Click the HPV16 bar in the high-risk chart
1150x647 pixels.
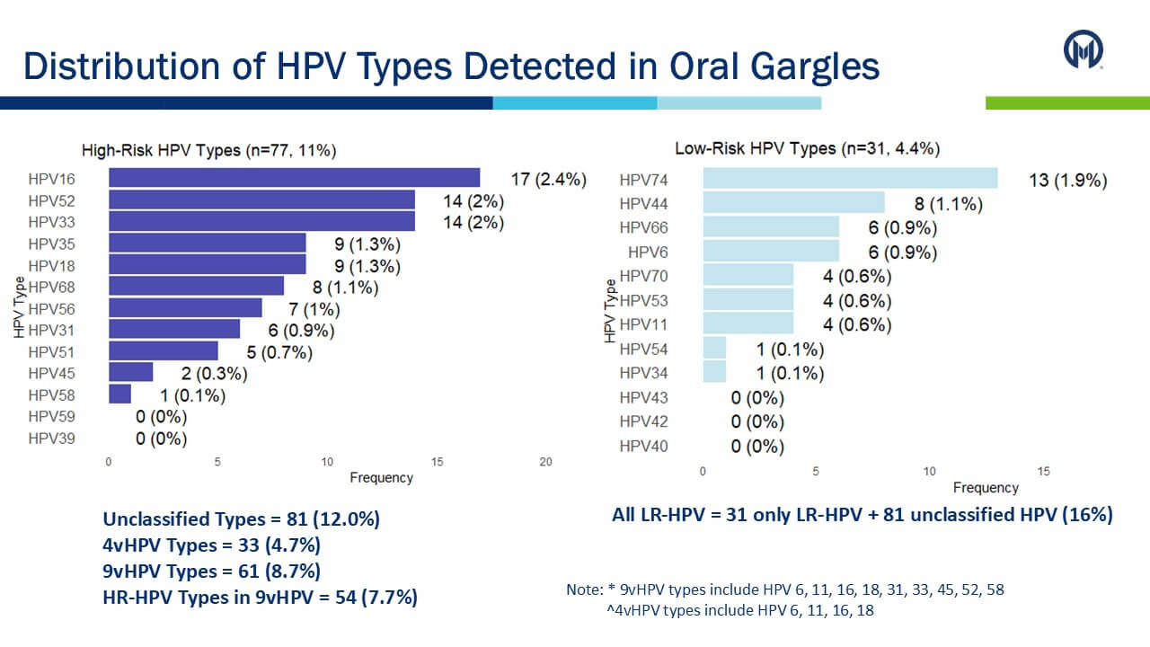pyautogui.click(x=294, y=178)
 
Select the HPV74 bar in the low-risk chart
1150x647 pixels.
pyautogui.click(x=850, y=179)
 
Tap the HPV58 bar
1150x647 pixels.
pyautogui.click(x=119, y=394)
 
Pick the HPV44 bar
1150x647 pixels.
pyautogui.click(x=793, y=203)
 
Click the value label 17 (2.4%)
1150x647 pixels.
pyautogui.click(x=548, y=179)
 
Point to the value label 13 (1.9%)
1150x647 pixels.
pyautogui.click(x=1067, y=181)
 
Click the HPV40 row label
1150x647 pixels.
pyautogui.click(x=643, y=446)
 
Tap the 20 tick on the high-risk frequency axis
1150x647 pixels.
pyautogui.click(x=546, y=462)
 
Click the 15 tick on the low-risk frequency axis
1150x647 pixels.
pyautogui.click(x=1043, y=472)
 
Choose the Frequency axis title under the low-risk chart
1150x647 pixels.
pyautogui.click(x=986, y=488)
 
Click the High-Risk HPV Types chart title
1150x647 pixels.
pyautogui.click(x=208, y=150)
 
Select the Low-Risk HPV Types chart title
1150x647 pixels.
pyautogui.click(x=807, y=148)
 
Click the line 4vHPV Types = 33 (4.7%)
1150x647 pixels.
pyautogui.click(x=211, y=545)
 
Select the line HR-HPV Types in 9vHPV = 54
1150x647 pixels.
pyautogui.click(x=260, y=596)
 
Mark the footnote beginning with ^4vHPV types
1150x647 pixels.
pyautogui.click(x=739, y=610)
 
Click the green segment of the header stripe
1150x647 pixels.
pyautogui.click(x=1066, y=103)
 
